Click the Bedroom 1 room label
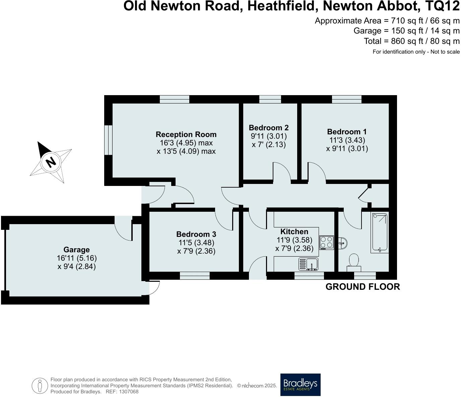347,132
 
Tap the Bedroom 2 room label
269,128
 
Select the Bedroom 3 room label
196,234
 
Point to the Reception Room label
186,134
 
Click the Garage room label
76,250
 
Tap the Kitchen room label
294,231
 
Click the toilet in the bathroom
354,262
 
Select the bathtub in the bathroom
380,233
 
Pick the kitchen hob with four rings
327,243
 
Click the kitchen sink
309,264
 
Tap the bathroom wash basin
343,242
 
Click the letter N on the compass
51,162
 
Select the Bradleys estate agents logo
300,385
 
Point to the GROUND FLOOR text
363,287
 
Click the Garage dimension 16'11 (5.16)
77,258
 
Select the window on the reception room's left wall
108,140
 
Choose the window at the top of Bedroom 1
347,99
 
